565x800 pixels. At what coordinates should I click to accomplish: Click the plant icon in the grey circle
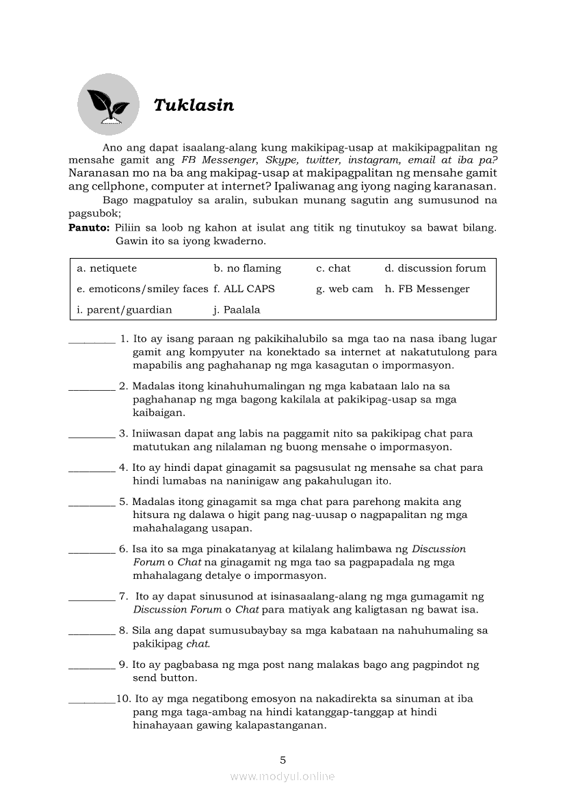coord(108,105)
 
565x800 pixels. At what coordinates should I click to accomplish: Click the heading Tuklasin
coord(194,105)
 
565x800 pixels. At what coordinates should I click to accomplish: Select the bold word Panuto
coord(89,227)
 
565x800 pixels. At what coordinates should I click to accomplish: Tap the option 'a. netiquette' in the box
coord(107,268)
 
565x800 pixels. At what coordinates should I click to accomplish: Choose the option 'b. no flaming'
coord(247,268)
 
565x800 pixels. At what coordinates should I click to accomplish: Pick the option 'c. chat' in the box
coord(333,268)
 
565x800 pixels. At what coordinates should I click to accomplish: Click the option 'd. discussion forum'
coord(435,268)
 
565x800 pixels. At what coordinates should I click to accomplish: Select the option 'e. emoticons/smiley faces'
coord(142,289)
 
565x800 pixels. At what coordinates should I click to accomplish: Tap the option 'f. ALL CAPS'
coord(244,289)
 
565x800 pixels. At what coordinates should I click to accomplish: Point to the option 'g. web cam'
coord(345,289)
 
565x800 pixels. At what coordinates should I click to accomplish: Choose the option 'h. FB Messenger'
coord(427,289)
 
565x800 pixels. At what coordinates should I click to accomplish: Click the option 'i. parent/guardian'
coord(124,309)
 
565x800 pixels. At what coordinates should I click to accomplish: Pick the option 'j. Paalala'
coord(237,309)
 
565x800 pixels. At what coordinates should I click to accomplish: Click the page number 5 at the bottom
coord(282,760)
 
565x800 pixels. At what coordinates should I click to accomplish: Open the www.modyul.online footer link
coord(282,776)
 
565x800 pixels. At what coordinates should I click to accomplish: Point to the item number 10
coord(123,699)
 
